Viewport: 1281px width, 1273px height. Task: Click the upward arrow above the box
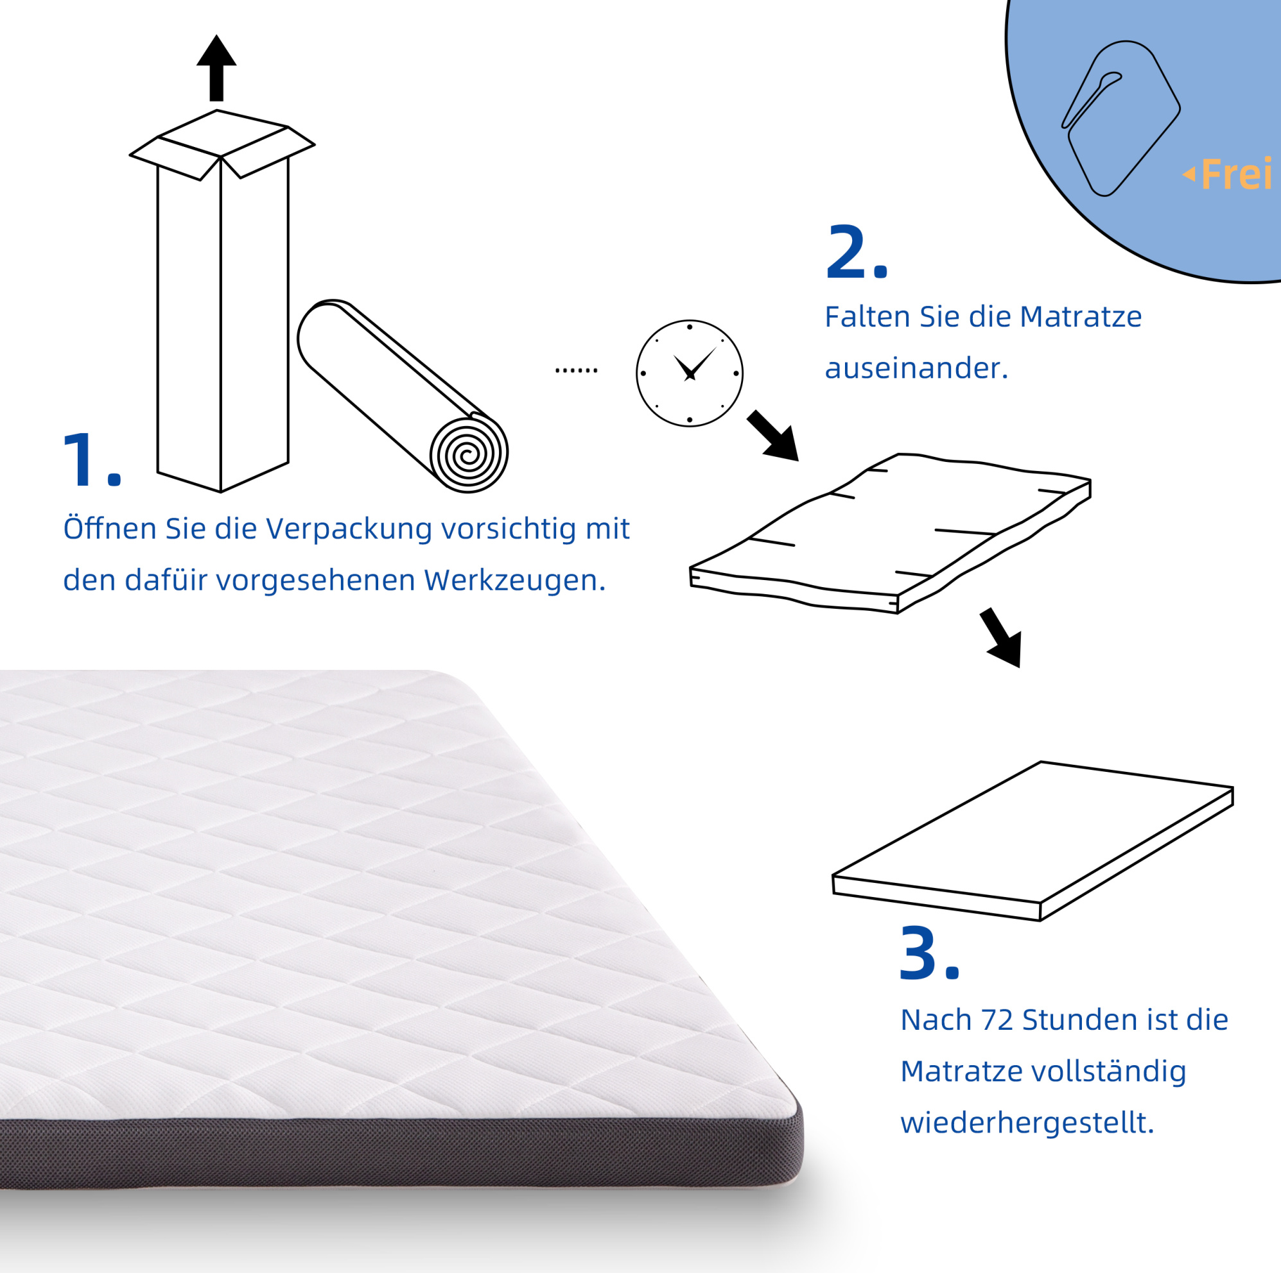[216, 67]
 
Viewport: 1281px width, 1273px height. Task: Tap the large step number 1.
[91, 459]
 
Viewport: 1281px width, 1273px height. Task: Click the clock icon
[690, 373]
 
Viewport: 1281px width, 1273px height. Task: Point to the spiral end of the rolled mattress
[469, 454]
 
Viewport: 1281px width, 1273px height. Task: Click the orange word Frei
[1236, 174]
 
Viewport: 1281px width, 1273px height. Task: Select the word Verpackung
[349, 528]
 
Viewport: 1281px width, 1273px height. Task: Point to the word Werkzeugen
[514, 581]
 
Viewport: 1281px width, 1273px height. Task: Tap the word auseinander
[916, 368]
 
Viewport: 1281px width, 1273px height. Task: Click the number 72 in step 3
[997, 1019]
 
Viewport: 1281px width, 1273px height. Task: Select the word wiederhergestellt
[1027, 1123]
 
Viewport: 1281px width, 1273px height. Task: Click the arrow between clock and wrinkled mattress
[773, 436]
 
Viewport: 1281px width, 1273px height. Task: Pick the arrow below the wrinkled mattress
[1001, 637]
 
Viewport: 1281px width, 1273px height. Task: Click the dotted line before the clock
[576, 370]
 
